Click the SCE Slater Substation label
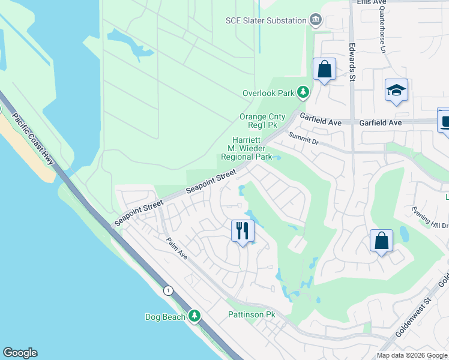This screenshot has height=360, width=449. [266, 20]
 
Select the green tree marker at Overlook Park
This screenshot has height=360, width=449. [304, 92]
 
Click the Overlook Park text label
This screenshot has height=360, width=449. [268, 93]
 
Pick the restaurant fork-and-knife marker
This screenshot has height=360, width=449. [243, 230]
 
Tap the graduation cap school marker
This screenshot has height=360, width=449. [396, 91]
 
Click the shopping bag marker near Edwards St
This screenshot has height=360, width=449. [324, 70]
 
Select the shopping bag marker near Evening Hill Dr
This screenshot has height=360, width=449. [381, 241]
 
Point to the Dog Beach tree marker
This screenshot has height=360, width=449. [194, 316]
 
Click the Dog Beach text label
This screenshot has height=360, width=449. [165, 317]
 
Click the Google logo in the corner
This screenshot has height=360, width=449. [20, 353]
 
